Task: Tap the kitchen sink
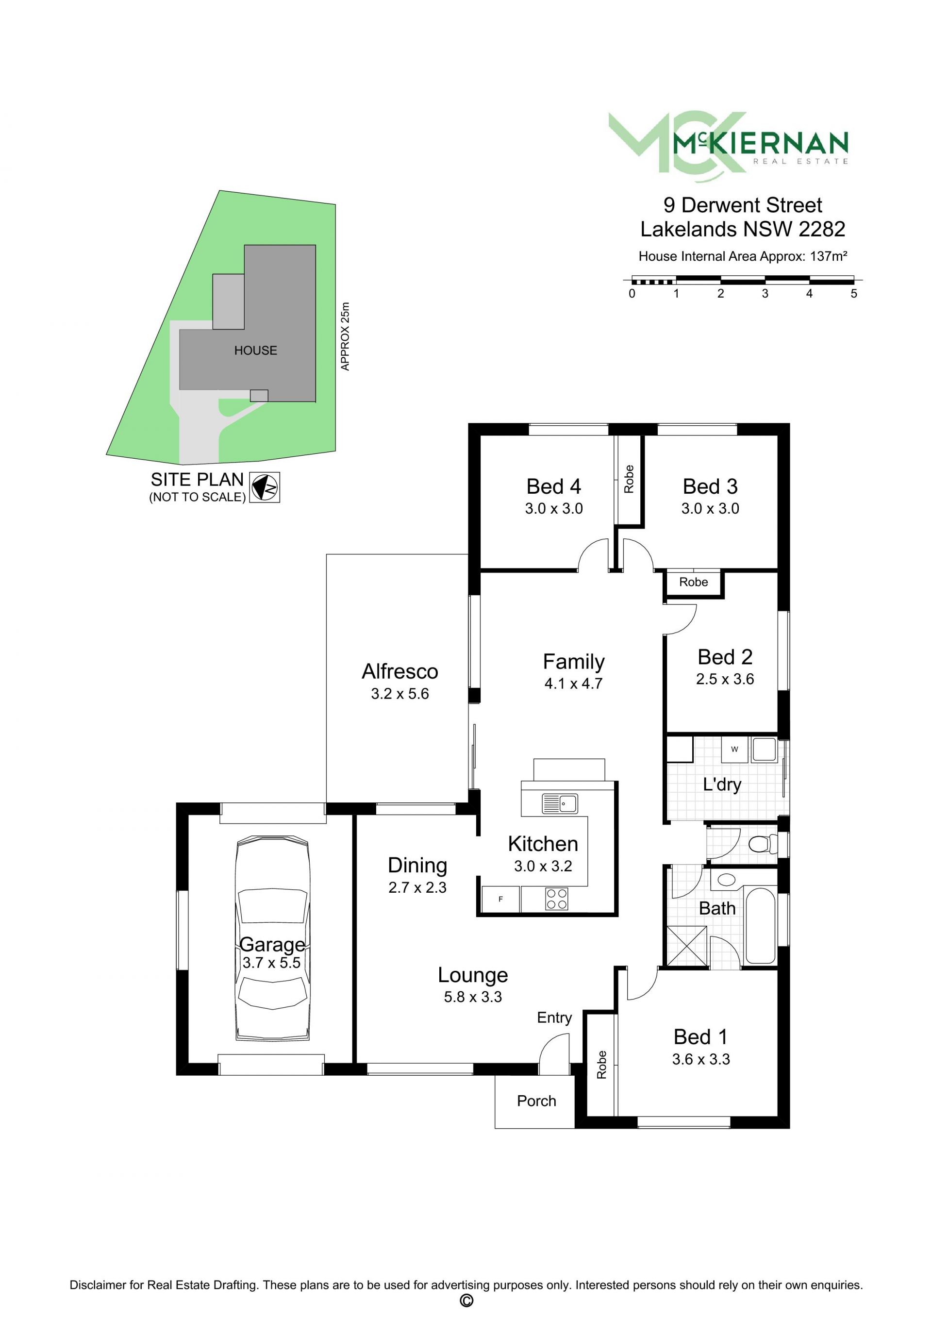point(560,803)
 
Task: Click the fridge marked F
point(500,899)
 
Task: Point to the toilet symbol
point(763,844)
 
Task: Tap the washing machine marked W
point(734,750)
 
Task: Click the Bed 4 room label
point(554,486)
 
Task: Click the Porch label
point(536,1101)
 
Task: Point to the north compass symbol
point(265,487)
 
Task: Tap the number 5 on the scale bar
point(854,293)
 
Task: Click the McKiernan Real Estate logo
point(728,147)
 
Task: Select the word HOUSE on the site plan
point(255,350)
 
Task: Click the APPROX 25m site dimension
point(345,336)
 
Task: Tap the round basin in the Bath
point(727,880)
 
